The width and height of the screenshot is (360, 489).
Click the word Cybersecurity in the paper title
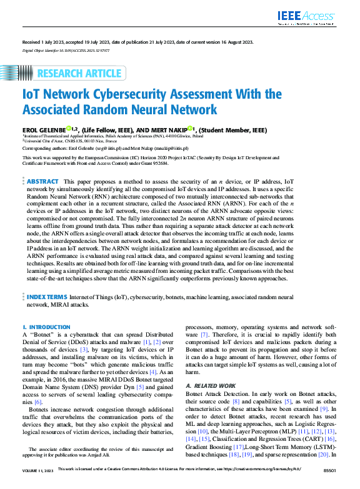(127, 95)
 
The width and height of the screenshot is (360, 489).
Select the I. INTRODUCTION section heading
(47, 327)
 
